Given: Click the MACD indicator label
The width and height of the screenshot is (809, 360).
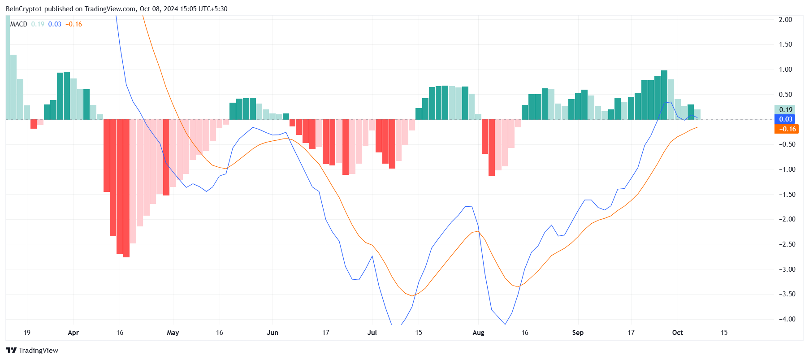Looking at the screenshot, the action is [x=19, y=24].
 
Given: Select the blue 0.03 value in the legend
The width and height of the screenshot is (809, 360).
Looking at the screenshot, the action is [x=55, y=24].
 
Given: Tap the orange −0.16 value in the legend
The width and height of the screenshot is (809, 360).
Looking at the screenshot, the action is [x=74, y=24].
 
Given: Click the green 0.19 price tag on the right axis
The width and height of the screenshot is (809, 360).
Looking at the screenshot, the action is [x=786, y=109].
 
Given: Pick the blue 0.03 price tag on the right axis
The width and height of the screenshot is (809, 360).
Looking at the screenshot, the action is [x=786, y=119].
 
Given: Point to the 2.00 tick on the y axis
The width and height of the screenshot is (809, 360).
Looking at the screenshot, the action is [x=785, y=20].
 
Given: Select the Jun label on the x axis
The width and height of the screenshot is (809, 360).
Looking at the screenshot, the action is [x=273, y=333].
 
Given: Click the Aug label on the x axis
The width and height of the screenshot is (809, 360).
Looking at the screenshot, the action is [x=478, y=333].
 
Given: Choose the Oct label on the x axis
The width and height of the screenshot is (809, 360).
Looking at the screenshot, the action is [x=677, y=333].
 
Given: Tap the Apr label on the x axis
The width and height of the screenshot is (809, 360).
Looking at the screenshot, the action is [x=73, y=333].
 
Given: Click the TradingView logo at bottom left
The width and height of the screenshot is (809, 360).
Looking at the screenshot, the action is [x=32, y=350].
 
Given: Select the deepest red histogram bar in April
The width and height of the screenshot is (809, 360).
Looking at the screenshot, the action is [x=126, y=188].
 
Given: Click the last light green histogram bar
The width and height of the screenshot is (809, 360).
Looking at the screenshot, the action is [x=697, y=114].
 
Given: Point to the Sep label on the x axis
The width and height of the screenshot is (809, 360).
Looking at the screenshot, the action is [x=578, y=333].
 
